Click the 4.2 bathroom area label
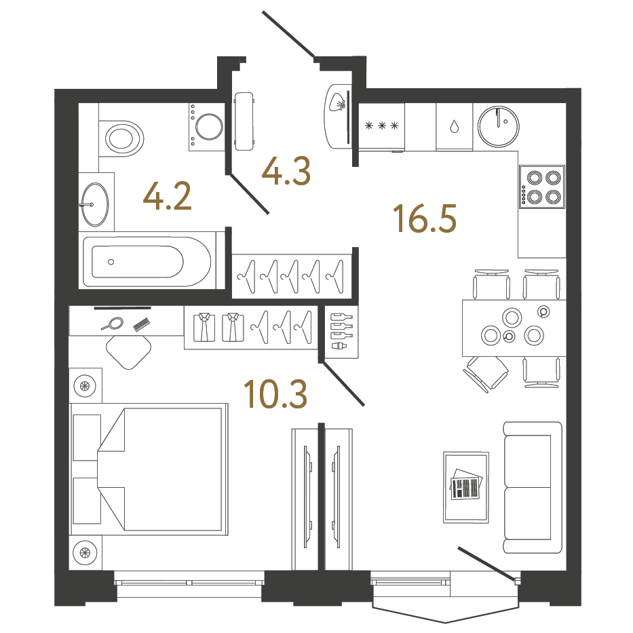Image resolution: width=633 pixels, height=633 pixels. (168, 197)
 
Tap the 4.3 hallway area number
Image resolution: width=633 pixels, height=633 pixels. (287, 171)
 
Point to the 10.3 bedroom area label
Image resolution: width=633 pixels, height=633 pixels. (275, 394)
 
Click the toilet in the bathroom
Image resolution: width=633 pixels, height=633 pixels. (122, 138)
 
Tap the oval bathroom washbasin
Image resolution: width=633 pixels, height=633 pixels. (94, 204)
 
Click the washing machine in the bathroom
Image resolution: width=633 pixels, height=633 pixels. (207, 127)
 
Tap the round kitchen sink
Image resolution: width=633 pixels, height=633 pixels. (499, 126)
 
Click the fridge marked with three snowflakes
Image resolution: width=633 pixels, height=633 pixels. (381, 126)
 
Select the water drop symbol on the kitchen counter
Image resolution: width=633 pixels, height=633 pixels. (454, 126)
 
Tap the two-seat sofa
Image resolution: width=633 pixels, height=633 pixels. (533, 487)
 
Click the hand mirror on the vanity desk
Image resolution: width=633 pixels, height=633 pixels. (114, 324)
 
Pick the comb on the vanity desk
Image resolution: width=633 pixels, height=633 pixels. (141, 325)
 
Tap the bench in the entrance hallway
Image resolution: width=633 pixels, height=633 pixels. (244, 122)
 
